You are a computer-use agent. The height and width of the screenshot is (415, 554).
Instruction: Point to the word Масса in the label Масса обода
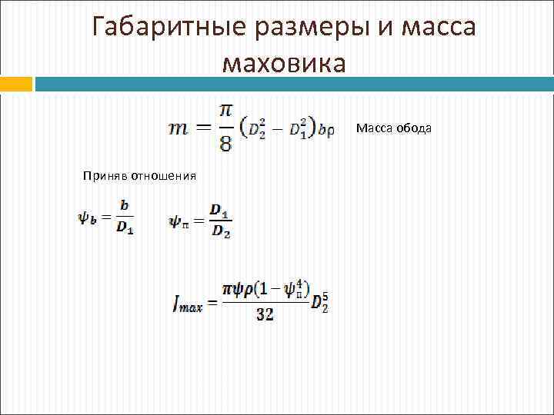[x=374, y=129]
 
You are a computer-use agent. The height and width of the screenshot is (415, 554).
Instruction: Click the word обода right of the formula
[x=414, y=129]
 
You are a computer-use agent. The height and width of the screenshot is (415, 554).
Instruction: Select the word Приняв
[x=105, y=176]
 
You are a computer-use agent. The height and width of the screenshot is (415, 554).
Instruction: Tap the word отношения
[x=163, y=176]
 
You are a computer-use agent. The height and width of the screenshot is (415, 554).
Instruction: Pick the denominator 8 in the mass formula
[x=225, y=144]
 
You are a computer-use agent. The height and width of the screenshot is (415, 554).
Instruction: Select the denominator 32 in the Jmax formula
[x=264, y=314]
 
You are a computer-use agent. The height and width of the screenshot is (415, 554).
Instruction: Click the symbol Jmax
[x=187, y=305]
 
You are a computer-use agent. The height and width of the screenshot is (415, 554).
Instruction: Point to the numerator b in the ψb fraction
[x=124, y=206]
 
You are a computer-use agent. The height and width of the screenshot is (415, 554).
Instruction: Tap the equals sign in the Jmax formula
[x=212, y=304]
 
